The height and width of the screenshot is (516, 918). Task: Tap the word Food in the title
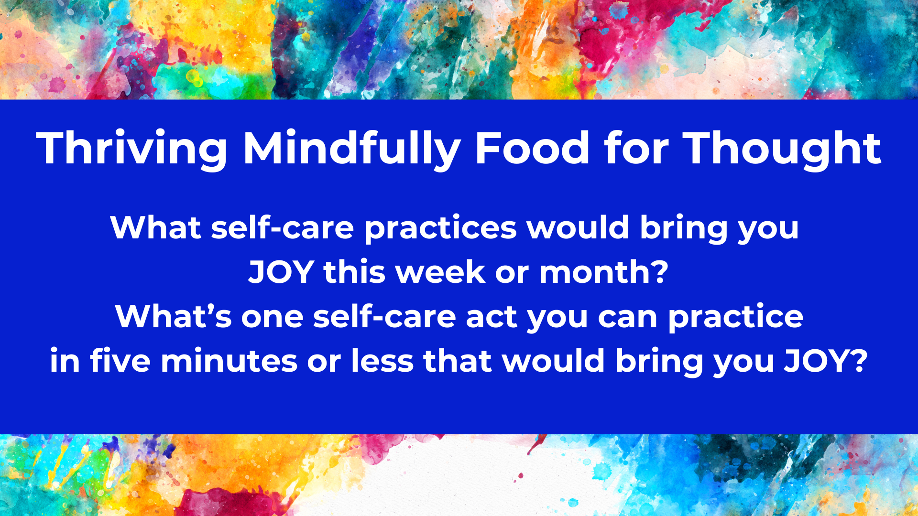[532, 148]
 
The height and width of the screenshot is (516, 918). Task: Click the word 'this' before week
[354, 272]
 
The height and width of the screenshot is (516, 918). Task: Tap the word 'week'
[440, 272]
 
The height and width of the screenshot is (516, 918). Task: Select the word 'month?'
[604, 272]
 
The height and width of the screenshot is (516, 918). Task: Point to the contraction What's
[173, 316]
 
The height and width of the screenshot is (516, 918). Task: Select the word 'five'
[120, 360]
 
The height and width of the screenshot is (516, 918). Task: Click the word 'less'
[382, 360]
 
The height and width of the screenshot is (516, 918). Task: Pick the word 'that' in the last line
[458, 360]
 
